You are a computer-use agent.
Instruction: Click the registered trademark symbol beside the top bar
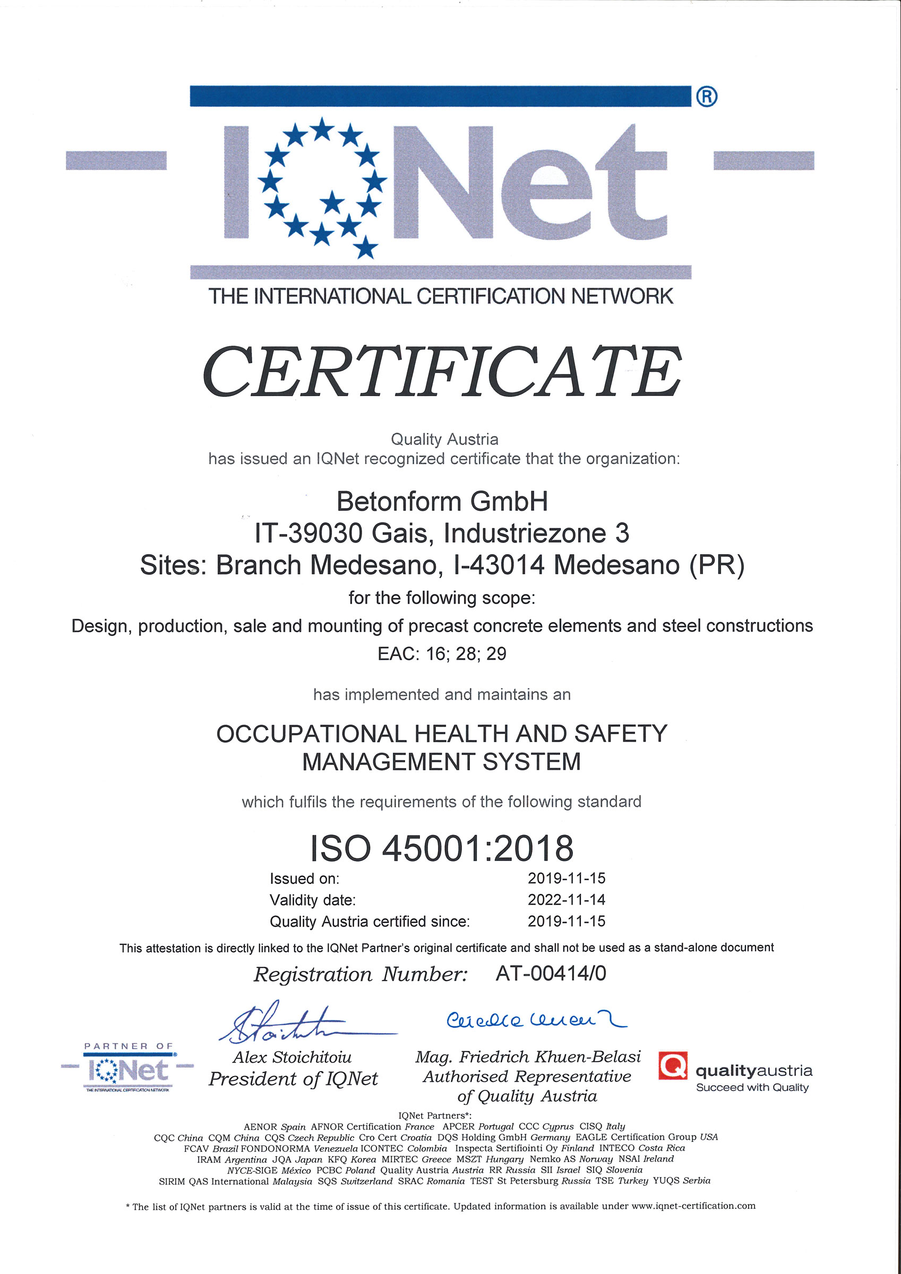pos(706,97)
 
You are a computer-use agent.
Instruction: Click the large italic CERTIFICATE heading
pos(442,372)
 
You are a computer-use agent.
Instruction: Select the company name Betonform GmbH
pos(442,502)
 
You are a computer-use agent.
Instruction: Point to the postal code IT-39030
pos(308,534)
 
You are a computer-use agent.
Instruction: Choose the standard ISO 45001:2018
pos(442,848)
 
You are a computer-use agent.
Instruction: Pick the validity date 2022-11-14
pos(567,899)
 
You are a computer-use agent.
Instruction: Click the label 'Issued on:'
pos(304,879)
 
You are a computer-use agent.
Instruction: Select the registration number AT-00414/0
pos(551,973)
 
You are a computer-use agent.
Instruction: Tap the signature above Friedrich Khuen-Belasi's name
pos(536,1020)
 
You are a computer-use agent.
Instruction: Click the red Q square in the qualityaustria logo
pos(673,1065)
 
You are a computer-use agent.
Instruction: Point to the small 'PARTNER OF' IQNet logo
pos(127,1068)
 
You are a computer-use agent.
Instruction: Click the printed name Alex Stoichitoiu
pos(292,1057)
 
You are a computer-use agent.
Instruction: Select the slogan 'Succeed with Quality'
pos(752,1088)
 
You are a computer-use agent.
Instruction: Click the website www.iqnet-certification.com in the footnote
pos(693,1206)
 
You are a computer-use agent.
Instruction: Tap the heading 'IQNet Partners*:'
pos(435,1115)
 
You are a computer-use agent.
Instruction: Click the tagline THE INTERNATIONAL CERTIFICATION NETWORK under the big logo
pos(441,296)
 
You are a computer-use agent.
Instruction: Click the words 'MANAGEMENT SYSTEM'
pos(441,762)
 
